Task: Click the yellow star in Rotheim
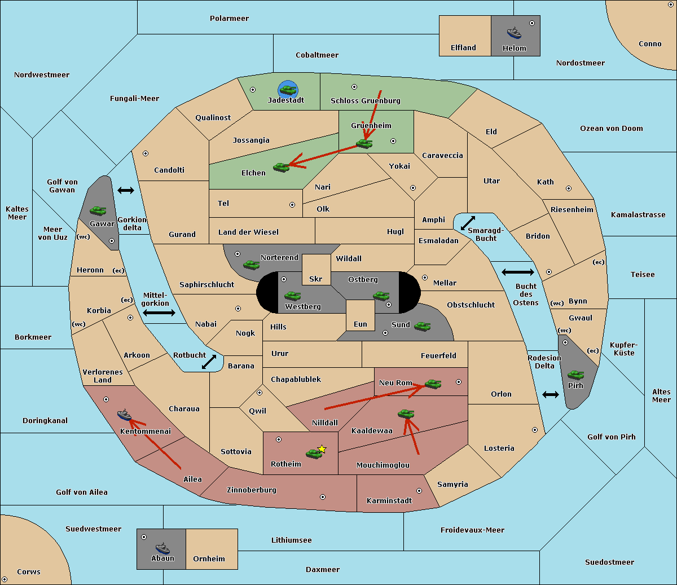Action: coord(322,448)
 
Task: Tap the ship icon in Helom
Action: coord(514,33)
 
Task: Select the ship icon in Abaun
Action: coord(162,548)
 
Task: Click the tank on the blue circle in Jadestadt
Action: coord(288,90)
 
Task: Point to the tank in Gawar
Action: coord(98,210)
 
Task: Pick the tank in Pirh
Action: coord(575,375)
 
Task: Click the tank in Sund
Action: coord(422,326)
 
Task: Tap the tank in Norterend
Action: coord(251,265)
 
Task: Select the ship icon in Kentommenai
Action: coord(124,415)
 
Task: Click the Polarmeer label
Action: coord(229,19)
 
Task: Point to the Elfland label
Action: coord(463,48)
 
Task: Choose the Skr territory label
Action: coord(316,279)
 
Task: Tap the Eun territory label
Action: coord(361,324)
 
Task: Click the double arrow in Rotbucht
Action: coord(209,362)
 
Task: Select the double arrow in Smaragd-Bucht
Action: coord(468,223)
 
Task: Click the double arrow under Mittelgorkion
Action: coord(159,313)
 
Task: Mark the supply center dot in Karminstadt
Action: coord(419,491)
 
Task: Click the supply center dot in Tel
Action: coord(292,205)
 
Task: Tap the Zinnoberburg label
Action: coord(252,490)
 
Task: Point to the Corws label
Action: coord(29,571)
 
